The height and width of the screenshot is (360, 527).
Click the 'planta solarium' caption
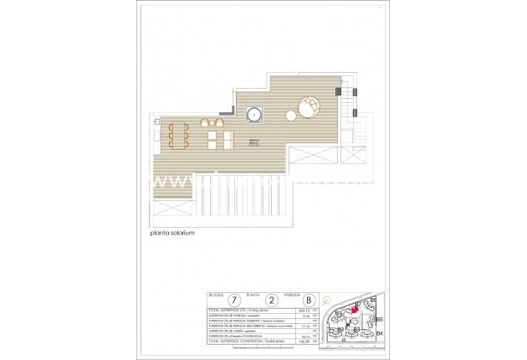(x=169, y=234)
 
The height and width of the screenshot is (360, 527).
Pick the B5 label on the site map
(x=379, y=319)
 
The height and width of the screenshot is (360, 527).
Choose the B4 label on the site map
(x=379, y=334)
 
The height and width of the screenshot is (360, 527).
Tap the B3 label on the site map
(x=356, y=329)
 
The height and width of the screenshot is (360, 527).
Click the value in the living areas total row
(x=304, y=310)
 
